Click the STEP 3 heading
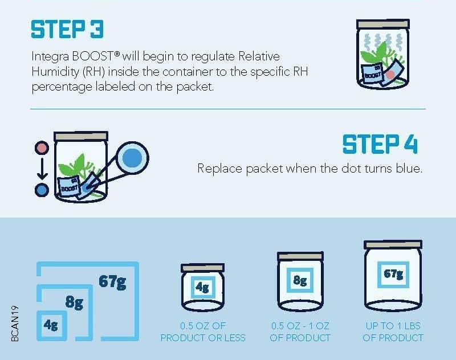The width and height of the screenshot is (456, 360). click(x=67, y=30)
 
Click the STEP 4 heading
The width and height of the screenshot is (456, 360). click(x=380, y=144)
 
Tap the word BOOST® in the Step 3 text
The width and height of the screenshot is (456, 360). click(x=96, y=56)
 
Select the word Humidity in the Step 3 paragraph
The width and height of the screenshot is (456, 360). click(x=55, y=71)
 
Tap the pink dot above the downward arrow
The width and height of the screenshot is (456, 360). click(x=42, y=148)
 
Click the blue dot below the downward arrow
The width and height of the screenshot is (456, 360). click(x=42, y=190)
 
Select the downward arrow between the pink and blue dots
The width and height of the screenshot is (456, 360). click(x=42, y=169)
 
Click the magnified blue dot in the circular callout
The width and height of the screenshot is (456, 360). click(x=132, y=158)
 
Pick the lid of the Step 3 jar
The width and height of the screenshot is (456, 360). click(x=383, y=24)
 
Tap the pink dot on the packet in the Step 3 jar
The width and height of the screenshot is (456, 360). click(x=390, y=75)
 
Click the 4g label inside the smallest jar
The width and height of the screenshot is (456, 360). click(x=202, y=287)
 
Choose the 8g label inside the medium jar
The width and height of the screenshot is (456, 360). click(x=300, y=280)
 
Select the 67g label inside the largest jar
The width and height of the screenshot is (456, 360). click(x=393, y=275)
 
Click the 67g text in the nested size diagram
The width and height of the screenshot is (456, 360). click(x=112, y=281)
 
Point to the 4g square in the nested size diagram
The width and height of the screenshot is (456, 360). click(x=52, y=325)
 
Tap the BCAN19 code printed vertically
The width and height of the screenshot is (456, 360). click(x=15, y=324)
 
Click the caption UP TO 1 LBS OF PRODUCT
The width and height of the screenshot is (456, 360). click(x=393, y=332)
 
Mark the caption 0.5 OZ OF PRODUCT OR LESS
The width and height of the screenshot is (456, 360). click(x=203, y=332)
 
